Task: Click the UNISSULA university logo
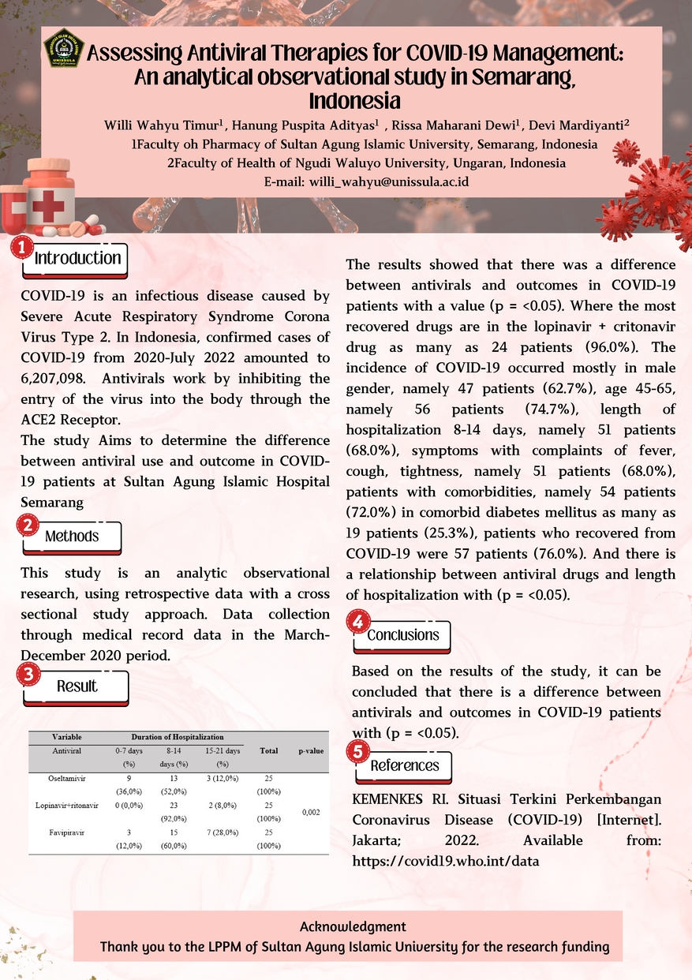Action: (x=63, y=47)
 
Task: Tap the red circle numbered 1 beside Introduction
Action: (x=21, y=249)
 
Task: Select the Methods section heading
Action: (x=72, y=537)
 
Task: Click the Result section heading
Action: (x=77, y=686)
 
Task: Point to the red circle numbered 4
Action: (x=357, y=623)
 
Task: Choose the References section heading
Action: (x=405, y=765)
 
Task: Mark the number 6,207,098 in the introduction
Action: (x=54, y=378)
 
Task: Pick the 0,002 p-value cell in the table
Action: (x=312, y=811)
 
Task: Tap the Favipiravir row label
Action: (x=67, y=832)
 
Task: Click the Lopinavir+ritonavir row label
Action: (x=67, y=806)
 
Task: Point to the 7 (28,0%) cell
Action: (x=223, y=832)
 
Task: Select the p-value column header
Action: (x=312, y=750)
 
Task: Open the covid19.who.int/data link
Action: (x=446, y=861)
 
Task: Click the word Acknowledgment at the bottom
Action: (x=353, y=926)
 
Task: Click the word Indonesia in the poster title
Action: (x=354, y=101)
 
